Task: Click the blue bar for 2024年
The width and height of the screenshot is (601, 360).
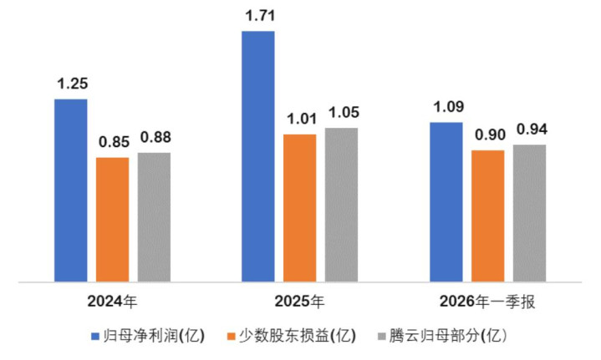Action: (71, 190)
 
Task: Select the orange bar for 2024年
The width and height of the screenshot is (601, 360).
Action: (112, 219)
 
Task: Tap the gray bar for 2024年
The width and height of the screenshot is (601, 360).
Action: (154, 217)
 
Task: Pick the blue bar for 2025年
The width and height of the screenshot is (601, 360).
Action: (258, 156)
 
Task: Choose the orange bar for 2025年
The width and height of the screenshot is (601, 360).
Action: (299, 207)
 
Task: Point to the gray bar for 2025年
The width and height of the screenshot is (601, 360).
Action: (341, 205)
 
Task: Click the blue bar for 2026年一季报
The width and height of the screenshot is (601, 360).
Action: (446, 202)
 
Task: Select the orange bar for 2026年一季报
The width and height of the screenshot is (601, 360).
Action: (487, 215)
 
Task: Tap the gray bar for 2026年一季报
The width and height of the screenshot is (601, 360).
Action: (529, 213)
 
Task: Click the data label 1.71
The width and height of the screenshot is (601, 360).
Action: (258, 15)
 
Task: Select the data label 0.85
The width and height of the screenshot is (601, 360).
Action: (112, 141)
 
